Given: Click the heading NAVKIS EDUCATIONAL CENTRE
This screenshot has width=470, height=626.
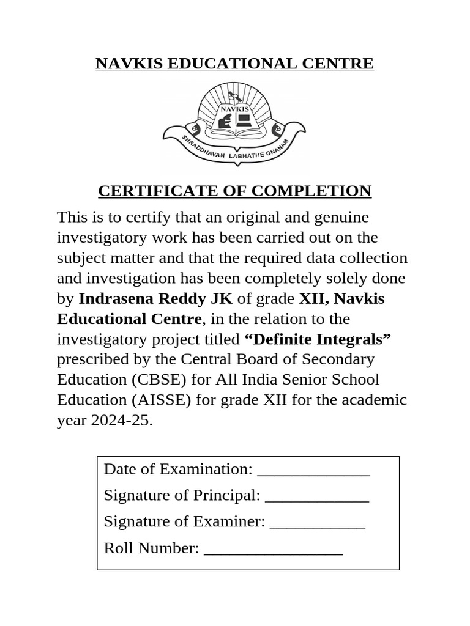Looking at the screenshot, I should coord(234,64).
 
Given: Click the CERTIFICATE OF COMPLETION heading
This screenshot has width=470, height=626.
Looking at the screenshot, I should coord(234,191).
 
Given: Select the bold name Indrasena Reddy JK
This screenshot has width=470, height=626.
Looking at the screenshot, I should coord(155,299).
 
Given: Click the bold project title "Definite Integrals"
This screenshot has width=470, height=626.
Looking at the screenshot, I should coord(318,339).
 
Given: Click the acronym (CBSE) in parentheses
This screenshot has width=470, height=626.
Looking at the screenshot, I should coord(159,380).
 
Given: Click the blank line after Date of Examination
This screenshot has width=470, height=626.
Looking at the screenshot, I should coord(313,470).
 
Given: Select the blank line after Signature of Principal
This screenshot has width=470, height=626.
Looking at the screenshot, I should coord(317,496).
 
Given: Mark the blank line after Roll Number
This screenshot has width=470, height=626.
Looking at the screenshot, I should coord(273,550).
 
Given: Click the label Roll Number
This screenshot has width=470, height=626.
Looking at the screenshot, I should coord(151,548).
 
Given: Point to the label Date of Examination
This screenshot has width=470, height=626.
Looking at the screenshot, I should coord(178,469).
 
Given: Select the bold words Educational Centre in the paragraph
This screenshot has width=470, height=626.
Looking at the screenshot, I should coord(129,319).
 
